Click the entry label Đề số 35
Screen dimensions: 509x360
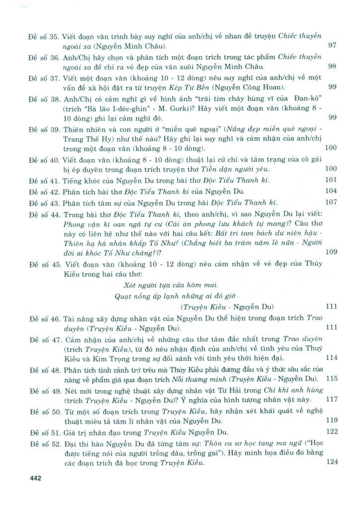[x=44, y=36]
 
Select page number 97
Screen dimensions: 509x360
[x=333, y=46]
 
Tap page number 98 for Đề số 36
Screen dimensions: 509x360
[x=333, y=67]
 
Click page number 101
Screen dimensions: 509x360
[x=331, y=179]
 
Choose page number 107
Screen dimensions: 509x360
[x=331, y=202]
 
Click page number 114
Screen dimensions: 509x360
[x=331, y=357]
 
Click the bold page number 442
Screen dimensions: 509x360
[x=35, y=478]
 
